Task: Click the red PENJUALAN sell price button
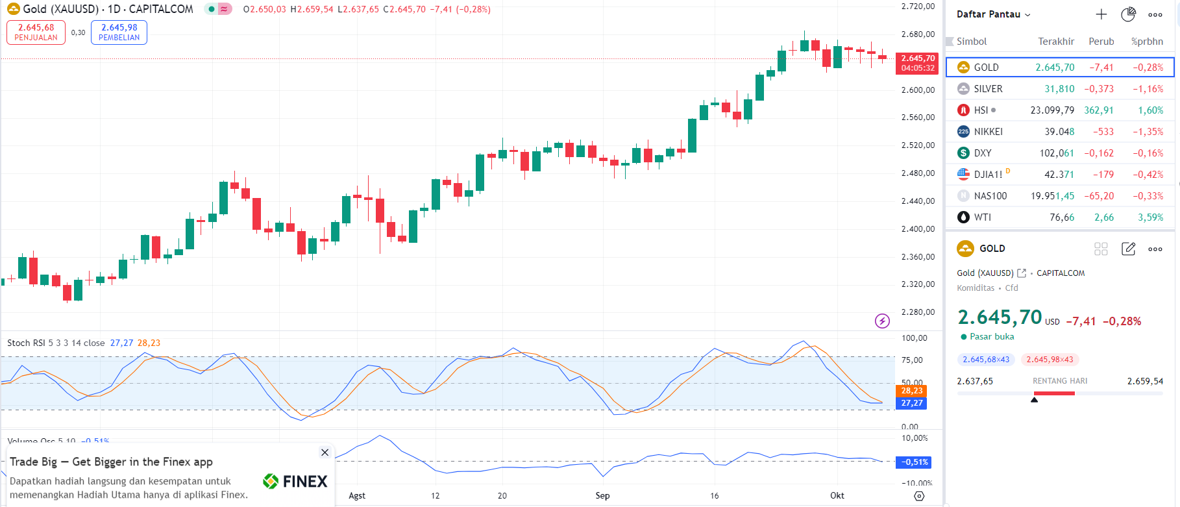pyautogui.click(x=36, y=32)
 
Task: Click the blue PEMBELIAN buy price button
pyautogui.click(x=119, y=32)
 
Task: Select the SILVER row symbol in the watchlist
pyautogui.click(x=988, y=89)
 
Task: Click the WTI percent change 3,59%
pyautogui.click(x=1150, y=217)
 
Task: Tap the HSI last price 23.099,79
pyautogui.click(x=1051, y=110)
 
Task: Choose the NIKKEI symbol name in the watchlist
pyautogui.click(x=988, y=132)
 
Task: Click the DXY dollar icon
pyautogui.click(x=963, y=153)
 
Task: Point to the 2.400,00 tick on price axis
pyautogui.click(x=918, y=229)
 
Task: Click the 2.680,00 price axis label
pyautogui.click(x=918, y=34)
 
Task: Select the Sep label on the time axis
pyautogui.click(x=602, y=495)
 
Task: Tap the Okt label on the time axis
pyautogui.click(x=837, y=495)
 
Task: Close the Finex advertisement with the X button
pyautogui.click(x=325, y=452)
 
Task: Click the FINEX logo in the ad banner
pyautogui.click(x=295, y=481)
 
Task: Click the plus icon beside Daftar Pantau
pyautogui.click(x=1101, y=14)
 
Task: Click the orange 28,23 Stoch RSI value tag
pyautogui.click(x=911, y=391)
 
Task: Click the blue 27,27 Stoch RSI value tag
pyautogui.click(x=911, y=403)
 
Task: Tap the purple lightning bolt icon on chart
pyautogui.click(x=882, y=321)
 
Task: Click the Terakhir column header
pyautogui.click(x=1056, y=42)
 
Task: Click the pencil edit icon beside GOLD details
pyautogui.click(x=1128, y=249)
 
